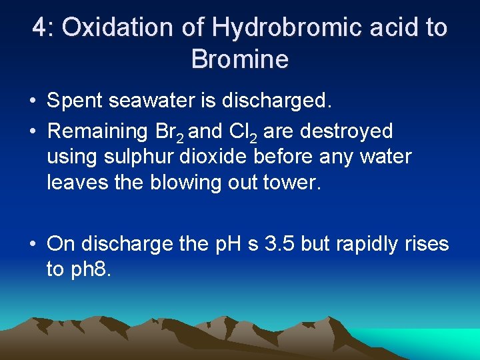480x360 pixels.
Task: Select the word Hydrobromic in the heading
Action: (x=281, y=28)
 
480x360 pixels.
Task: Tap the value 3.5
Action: (x=279, y=244)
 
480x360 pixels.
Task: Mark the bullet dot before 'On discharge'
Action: (x=33, y=245)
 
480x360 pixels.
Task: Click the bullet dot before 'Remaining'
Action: (x=33, y=131)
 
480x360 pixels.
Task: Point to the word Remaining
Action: (x=97, y=131)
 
